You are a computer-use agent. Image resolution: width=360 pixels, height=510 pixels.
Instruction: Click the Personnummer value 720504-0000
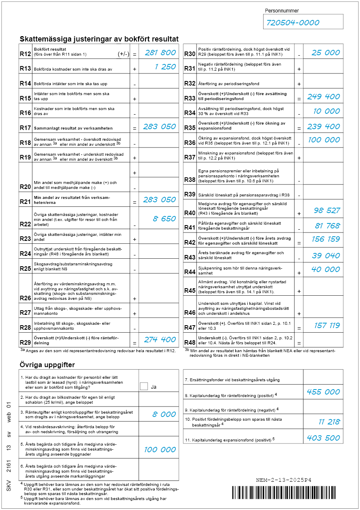293,23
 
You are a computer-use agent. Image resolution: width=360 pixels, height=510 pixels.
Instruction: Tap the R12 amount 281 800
160,53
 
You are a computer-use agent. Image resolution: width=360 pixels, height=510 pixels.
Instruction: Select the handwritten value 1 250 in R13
165,67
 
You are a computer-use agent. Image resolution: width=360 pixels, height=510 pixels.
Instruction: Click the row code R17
25,128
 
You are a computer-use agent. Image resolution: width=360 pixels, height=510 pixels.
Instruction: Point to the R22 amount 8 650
165,219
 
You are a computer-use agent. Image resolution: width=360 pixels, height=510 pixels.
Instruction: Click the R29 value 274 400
160,339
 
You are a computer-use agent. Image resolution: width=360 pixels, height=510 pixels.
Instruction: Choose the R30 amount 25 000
326,53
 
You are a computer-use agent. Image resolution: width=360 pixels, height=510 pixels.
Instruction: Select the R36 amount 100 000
324,140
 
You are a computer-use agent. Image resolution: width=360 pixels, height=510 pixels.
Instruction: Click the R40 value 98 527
327,211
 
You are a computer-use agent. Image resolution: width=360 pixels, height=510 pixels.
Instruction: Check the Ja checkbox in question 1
144,386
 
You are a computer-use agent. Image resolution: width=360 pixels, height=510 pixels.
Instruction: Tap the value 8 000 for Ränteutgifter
164,414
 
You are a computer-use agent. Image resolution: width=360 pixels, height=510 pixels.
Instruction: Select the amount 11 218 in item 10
329,422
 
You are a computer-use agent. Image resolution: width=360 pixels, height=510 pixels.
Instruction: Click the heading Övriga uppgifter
47,365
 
